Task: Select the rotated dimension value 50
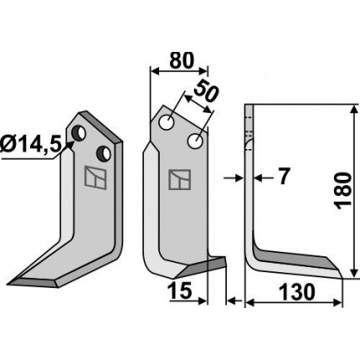[206, 91]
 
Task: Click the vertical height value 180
[343, 190]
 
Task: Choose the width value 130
[297, 292]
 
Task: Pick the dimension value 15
[181, 291]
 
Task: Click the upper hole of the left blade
[79, 133]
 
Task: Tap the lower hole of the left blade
[104, 153]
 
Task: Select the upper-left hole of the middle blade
[167, 122]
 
